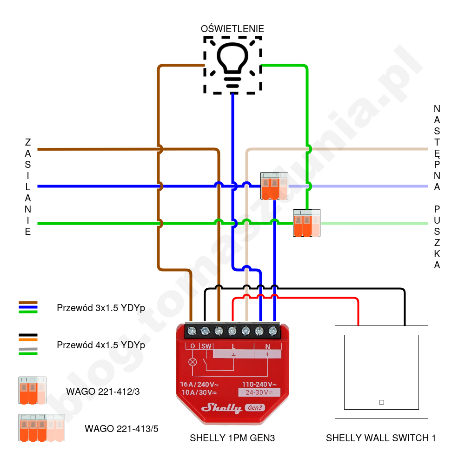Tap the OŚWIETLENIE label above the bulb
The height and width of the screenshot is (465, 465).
(232, 29)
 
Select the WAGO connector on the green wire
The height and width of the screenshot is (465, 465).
(306, 223)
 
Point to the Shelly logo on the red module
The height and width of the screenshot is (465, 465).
(221, 408)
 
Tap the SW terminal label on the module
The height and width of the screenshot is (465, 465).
(206, 346)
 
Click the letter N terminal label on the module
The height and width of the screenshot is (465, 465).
(267, 346)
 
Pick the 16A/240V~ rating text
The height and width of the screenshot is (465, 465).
(199, 385)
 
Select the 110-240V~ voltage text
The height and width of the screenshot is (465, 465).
(259, 385)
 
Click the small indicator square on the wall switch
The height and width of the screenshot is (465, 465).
(381, 402)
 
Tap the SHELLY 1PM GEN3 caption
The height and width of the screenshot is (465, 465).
(229, 438)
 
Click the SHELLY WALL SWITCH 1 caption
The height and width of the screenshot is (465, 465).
(381, 438)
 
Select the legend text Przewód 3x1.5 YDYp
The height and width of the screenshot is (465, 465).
(101, 308)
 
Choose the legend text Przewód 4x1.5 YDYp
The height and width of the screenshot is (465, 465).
(101, 345)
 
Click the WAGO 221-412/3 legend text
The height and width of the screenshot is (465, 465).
(103, 392)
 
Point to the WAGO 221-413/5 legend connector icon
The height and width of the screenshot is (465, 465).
(41, 428)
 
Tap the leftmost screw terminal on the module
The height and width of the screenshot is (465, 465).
(192, 331)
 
